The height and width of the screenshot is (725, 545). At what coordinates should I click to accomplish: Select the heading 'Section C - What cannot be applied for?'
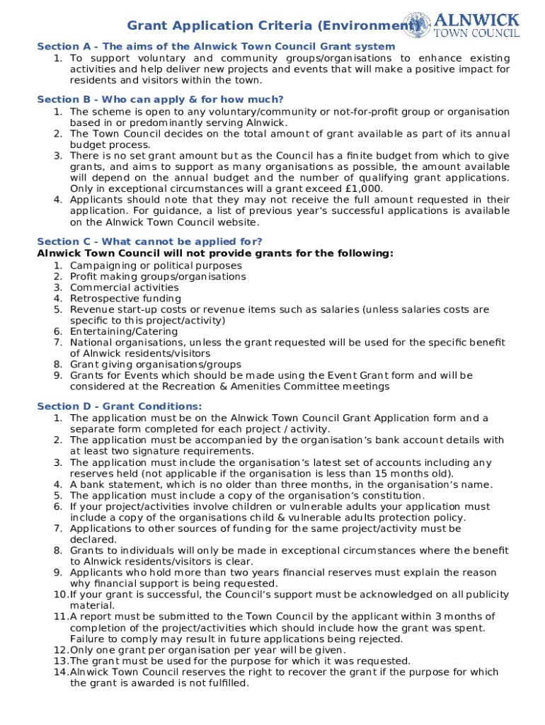(149, 242)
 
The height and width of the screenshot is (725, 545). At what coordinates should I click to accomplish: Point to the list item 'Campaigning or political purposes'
(156, 266)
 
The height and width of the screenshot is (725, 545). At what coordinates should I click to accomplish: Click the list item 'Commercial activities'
(124, 287)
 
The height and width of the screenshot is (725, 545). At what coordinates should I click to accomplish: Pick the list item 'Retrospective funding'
(125, 299)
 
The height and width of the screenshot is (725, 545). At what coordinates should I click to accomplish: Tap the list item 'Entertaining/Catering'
(124, 331)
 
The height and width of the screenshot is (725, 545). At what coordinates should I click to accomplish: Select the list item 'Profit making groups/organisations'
(158, 277)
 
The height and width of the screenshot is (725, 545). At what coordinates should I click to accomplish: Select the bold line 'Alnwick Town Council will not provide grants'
(215, 253)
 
